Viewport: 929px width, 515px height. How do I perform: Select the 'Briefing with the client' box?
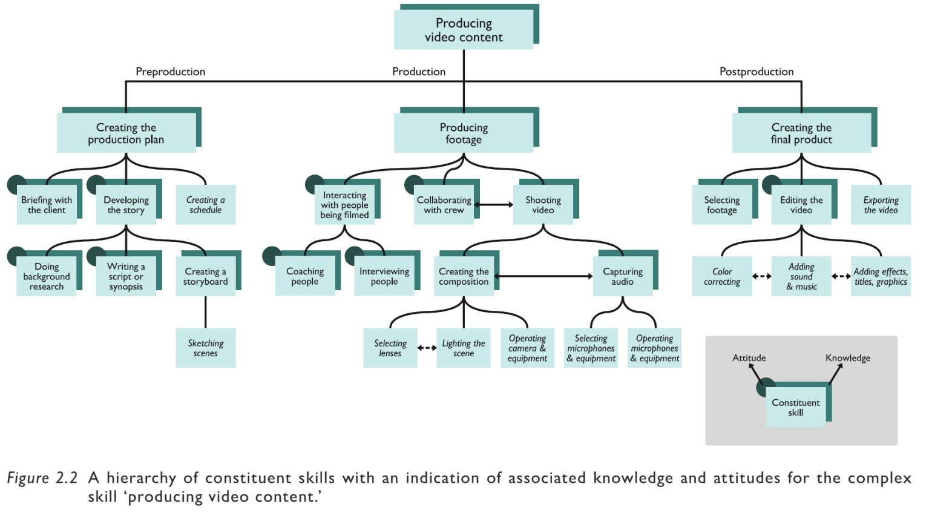pos(47,205)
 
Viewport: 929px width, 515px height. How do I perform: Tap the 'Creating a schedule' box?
pos(206,205)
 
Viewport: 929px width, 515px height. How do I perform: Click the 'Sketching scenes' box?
pos(206,348)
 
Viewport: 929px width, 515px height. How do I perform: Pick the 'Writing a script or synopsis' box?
pos(126,276)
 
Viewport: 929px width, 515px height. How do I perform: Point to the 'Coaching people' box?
pos(305,276)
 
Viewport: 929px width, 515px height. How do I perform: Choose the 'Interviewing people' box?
pos(384,276)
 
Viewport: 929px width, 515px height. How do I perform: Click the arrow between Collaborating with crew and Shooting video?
pos(494,205)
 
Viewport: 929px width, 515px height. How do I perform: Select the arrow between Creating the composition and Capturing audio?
pos(543,276)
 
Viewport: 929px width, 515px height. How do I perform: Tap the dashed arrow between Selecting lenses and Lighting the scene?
pos(427,348)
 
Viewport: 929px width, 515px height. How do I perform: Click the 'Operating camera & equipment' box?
pos(527,348)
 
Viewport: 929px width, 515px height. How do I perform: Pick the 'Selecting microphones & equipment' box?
pos(591,348)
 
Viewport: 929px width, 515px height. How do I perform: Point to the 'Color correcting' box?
pos(722,276)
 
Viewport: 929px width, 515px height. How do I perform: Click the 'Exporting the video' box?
pos(881,205)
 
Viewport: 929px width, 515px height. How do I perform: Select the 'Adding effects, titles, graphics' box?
pos(881,276)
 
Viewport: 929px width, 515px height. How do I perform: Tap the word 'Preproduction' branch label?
pos(170,71)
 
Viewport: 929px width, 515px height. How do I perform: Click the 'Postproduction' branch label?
pos(757,71)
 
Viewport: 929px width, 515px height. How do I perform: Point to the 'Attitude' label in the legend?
pos(749,358)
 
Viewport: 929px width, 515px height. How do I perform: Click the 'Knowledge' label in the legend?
pos(848,358)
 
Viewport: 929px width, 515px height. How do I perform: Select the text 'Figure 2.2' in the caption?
pos(42,478)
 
